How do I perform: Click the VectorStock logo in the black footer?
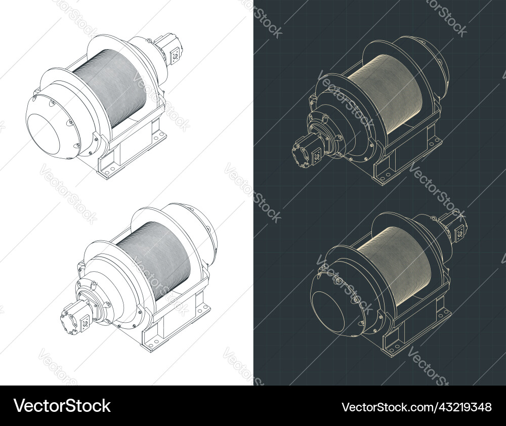point(62,406)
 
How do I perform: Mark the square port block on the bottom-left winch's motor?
point(86,320)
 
